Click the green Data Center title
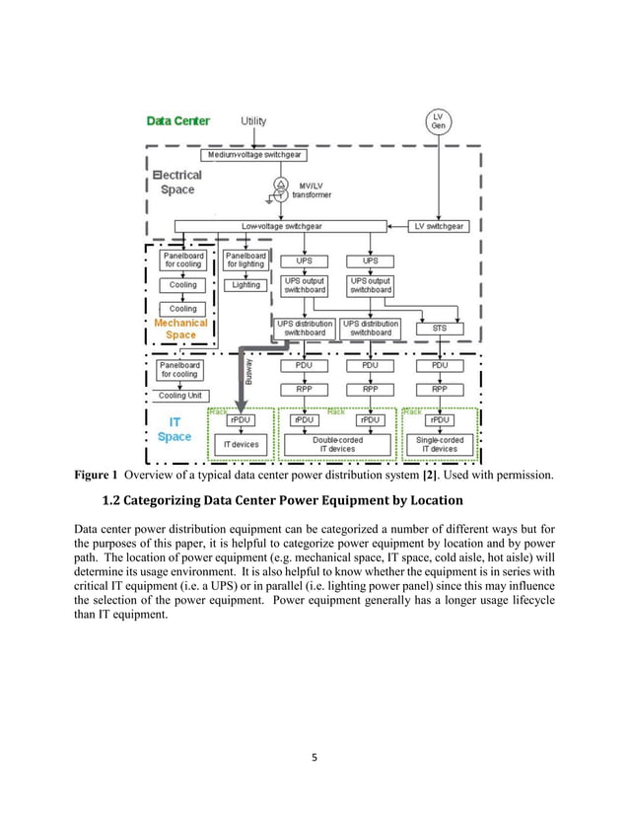click(177, 120)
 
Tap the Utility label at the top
click(253, 120)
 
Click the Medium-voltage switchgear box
click(253, 155)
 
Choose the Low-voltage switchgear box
click(281, 226)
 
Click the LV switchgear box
click(439, 226)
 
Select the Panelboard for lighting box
click(246, 260)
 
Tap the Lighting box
click(246, 285)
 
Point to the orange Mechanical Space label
click(180, 329)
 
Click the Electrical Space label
click(177, 182)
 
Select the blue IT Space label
click(175, 429)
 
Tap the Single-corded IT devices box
click(439, 445)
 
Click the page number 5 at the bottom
click(314, 758)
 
